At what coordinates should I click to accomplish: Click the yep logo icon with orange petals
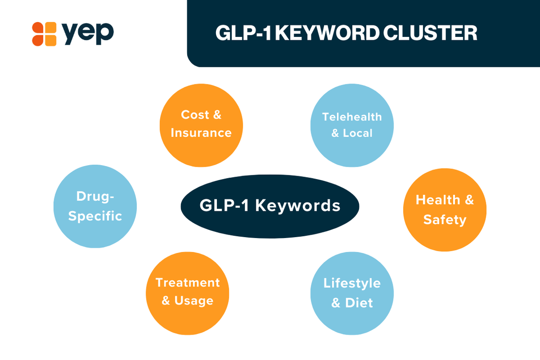44,34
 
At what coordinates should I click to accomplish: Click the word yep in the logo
87,34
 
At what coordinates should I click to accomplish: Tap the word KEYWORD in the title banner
327,33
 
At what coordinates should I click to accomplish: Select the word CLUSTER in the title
430,33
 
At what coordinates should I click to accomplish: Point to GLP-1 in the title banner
243,33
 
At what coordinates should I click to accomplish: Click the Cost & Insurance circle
201,125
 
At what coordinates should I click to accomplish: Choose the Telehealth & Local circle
352,125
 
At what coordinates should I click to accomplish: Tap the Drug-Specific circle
95,206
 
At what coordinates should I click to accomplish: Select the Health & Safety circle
444,210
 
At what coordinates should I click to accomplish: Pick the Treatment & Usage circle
187,293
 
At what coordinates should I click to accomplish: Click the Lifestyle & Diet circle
352,293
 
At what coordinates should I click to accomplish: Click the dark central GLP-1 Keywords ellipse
270,206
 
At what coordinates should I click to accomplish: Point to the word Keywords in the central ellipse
298,205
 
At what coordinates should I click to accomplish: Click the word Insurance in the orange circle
201,133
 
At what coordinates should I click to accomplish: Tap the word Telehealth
352,117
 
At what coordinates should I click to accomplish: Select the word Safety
444,220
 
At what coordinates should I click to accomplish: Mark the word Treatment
188,283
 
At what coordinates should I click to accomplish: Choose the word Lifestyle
352,283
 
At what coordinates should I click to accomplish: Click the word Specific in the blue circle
95,216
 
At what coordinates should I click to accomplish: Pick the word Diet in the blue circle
359,303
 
